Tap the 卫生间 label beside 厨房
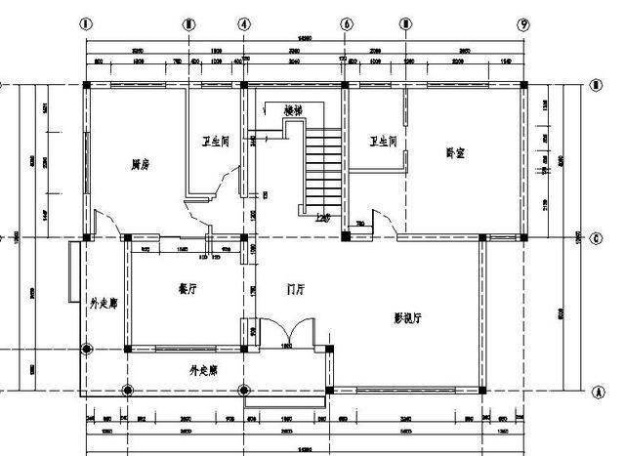pos(215,143)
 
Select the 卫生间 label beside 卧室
pos(383,143)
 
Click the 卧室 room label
pos(455,152)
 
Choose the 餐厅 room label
pos(189,288)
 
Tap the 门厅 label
pos(296,289)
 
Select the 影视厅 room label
pos(406,317)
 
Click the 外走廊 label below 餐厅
pos(203,371)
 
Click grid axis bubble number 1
pos(86,24)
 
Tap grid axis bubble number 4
pos(244,24)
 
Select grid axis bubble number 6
pos(346,24)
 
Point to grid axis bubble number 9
pos(524,24)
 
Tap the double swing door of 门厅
pos(289,332)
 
